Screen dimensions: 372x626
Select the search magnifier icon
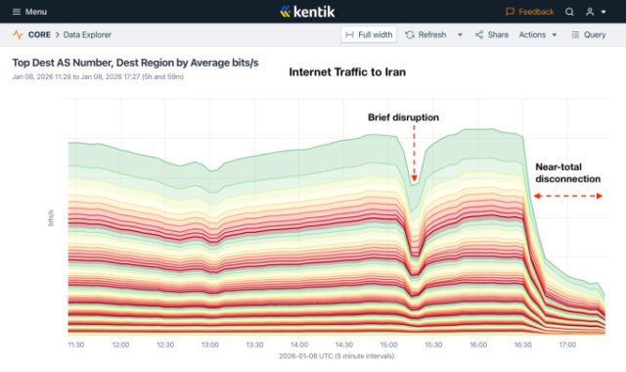pos(569,12)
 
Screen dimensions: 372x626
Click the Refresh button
pos(425,34)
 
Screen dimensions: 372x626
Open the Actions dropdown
pos(538,34)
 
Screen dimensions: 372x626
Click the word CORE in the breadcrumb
pos(40,34)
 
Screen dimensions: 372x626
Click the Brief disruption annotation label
pos(403,117)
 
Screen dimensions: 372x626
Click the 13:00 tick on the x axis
pos(210,345)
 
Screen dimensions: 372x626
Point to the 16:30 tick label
pos(523,345)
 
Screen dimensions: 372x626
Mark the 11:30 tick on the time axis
pos(76,345)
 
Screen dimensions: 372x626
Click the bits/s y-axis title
pos(51,218)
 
